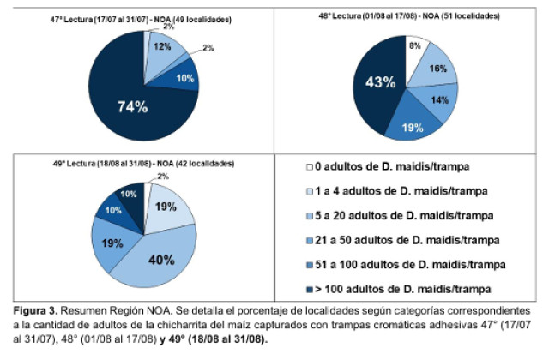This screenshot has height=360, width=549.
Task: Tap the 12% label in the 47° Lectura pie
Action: [162, 46]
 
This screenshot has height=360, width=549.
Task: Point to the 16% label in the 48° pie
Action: [438, 69]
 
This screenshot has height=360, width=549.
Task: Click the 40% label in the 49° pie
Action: [161, 260]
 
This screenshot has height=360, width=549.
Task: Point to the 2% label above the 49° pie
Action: [163, 177]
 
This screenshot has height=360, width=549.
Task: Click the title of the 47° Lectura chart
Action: [141, 20]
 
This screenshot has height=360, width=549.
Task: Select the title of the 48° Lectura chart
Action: [409, 15]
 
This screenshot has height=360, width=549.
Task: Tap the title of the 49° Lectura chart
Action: [143, 164]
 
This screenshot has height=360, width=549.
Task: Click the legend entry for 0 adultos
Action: [388, 166]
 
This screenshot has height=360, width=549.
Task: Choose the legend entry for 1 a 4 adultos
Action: [397, 191]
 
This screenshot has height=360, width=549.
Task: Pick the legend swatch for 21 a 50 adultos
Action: [310, 241]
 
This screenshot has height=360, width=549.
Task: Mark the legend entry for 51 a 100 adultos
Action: [406, 265]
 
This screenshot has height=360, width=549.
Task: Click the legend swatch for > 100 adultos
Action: [310, 290]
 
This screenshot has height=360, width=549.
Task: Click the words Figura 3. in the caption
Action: [35, 310]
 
